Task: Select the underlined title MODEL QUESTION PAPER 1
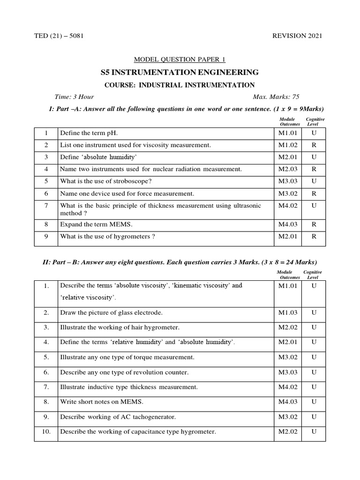pyautogui.click(x=180, y=59)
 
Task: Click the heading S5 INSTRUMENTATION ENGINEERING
pyautogui.click(x=180, y=72)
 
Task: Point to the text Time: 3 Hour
pyautogui.click(x=74, y=97)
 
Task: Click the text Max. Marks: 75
pyautogui.click(x=276, y=97)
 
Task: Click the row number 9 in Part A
pyautogui.click(x=46, y=237)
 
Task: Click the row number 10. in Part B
pyautogui.click(x=46, y=432)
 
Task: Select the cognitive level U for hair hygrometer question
pyautogui.click(x=314, y=327)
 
